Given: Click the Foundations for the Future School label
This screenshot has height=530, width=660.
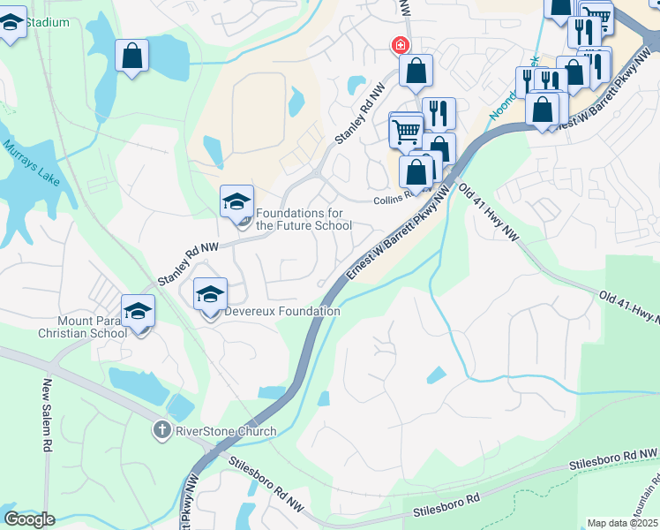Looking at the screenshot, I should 304,219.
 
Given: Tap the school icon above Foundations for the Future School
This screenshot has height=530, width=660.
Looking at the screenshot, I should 236,202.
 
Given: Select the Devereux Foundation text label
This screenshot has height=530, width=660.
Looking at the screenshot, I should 282,311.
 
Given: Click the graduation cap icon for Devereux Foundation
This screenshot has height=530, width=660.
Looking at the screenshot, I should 210,295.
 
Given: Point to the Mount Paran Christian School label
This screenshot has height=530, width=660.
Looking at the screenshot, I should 82,327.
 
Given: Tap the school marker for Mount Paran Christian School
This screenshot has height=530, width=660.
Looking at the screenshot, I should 138,312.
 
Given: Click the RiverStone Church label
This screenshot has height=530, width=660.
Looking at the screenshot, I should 226,431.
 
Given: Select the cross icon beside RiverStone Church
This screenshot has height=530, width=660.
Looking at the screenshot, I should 161,430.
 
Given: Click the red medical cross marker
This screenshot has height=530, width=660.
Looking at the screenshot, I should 400,44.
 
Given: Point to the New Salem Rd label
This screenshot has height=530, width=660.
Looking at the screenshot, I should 48,415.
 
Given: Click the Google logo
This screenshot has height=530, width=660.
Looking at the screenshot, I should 29,519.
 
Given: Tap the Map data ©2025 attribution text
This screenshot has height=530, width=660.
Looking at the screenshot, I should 622,523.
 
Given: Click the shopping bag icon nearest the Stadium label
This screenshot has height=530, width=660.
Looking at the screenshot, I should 131,57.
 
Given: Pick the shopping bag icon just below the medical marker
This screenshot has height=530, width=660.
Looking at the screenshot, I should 415,71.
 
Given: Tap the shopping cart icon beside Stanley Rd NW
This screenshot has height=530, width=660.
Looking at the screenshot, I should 406,132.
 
